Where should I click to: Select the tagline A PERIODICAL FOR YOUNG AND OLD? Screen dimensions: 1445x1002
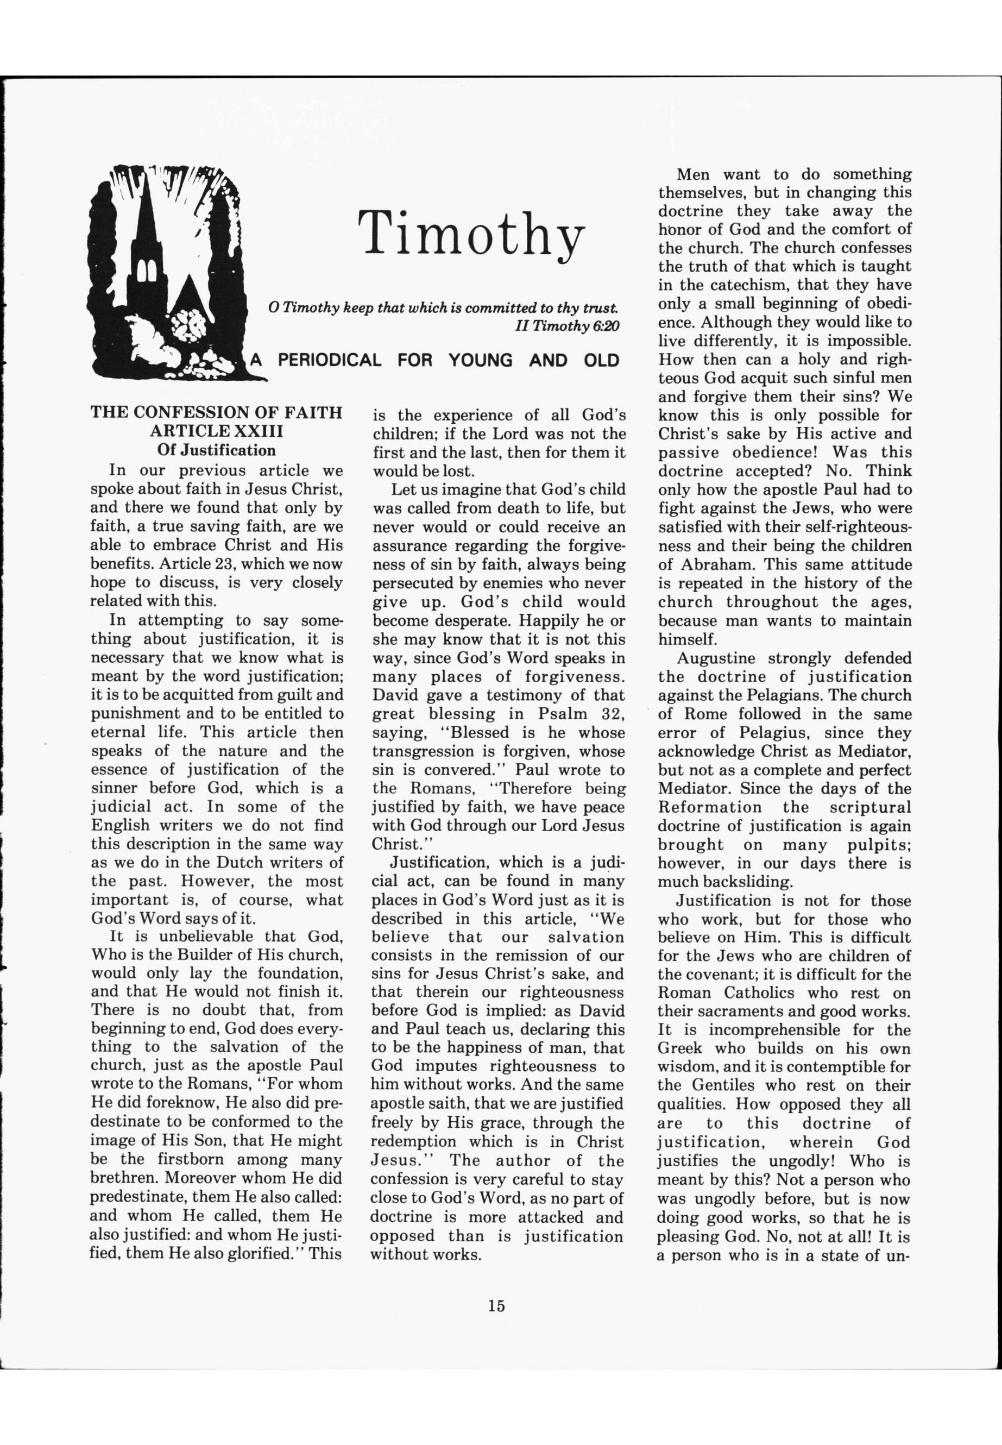tap(434, 361)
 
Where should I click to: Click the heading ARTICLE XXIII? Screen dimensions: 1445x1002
tap(217, 431)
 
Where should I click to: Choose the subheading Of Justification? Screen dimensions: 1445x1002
tap(217, 450)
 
